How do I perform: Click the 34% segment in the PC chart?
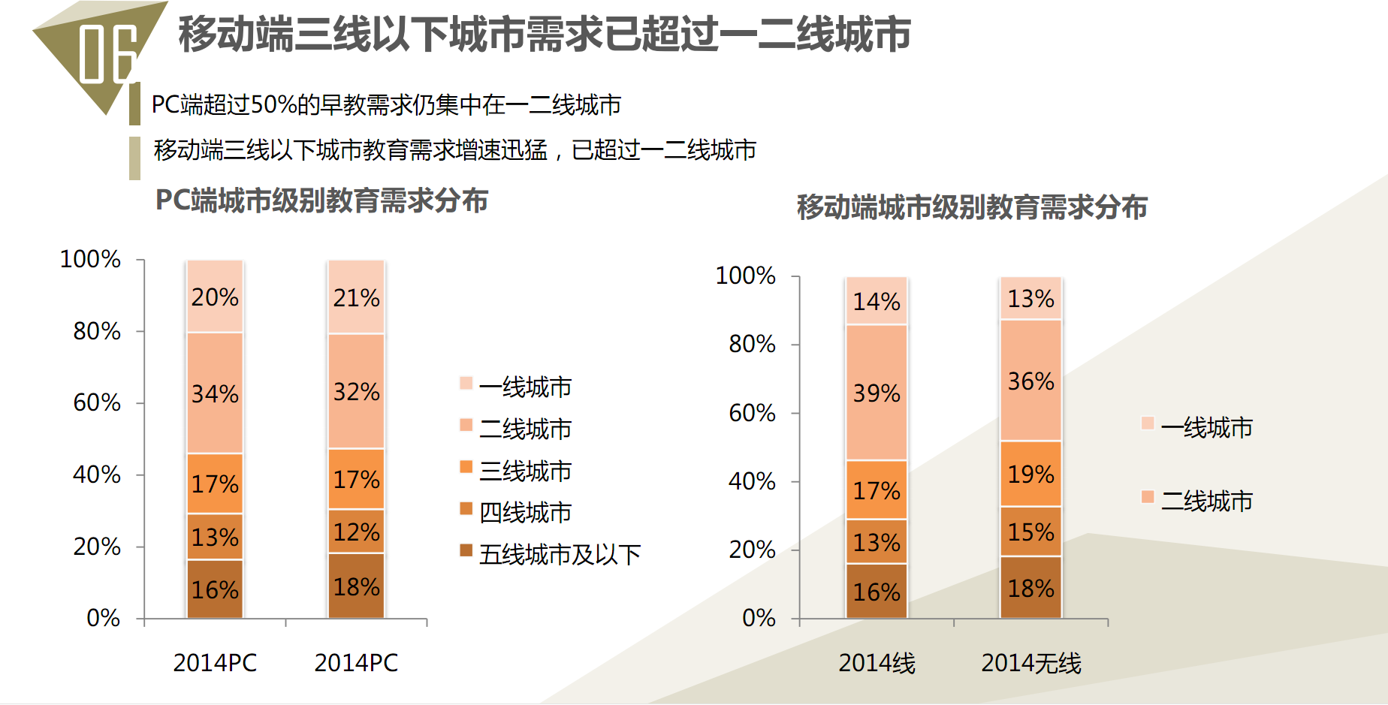point(215,393)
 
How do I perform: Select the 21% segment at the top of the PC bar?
point(356,297)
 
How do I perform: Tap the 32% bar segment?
point(356,391)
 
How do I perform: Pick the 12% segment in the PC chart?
point(356,532)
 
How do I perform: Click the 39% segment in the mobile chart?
point(877,393)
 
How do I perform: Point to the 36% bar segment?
point(1030,381)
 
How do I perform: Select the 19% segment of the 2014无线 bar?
point(1030,474)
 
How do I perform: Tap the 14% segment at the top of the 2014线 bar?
point(877,301)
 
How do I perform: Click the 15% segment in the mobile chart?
point(1030,532)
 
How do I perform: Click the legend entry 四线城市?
point(525,512)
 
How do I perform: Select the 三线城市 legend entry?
point(525,471)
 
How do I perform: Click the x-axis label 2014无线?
point(1030,663)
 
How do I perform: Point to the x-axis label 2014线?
point(877,663)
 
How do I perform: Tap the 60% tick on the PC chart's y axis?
point(97,402)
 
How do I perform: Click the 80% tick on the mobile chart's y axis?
point(752,344)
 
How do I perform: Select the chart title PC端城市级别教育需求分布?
point(321,200)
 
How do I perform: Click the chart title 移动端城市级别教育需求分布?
point(972,207)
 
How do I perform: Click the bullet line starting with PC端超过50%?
point(386,104)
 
